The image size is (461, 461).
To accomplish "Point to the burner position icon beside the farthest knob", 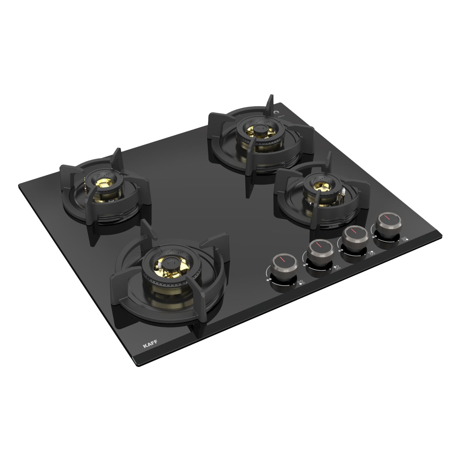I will coord(405,239).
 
